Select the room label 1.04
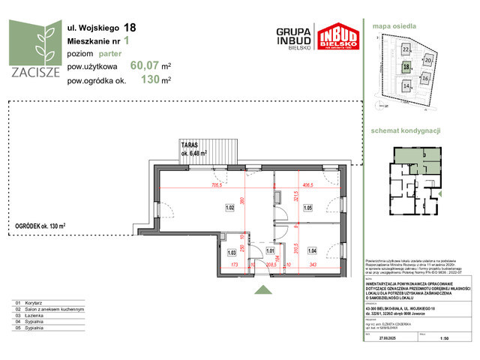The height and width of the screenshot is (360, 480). pos(313,250)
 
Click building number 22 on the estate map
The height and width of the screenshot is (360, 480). pos(406,49)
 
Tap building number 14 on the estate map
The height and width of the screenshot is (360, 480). pos(406,86)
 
